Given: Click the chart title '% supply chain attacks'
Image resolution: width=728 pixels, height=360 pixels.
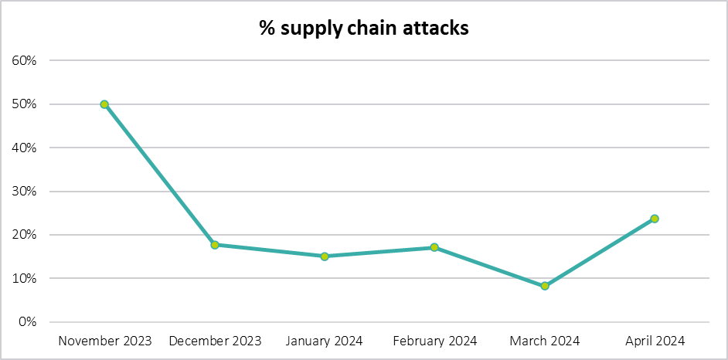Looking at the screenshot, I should pyautogui.click(x=364, y=29).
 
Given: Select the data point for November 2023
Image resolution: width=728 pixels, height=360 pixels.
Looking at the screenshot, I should pyautogui.click(x=104, y=104).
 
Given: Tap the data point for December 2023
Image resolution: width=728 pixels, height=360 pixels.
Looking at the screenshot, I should pyautogui.click(x=215, y=245).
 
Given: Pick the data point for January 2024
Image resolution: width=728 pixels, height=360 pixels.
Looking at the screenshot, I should pyautogui.click(x=325, y=256).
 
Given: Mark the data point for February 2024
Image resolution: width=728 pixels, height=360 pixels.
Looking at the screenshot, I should pyautogui.click(x=434, y=247).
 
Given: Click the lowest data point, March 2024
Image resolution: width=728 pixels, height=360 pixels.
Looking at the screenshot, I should pyautogui.click(x=545, y=286).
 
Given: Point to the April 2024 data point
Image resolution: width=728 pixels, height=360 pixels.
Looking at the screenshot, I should pyautogui.click(x=655, y=219).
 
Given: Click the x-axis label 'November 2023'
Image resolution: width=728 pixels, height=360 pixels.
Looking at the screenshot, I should pyautogui.click(x=105, y=341).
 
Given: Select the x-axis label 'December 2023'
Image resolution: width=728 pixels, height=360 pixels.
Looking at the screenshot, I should pyautogui.click(x=215, y=341).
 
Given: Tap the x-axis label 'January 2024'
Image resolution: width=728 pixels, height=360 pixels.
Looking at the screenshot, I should pyautogui.click(x=325, y=341).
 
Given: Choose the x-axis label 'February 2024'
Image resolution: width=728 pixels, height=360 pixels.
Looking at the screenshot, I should pyautogui.click(x=434, y=341).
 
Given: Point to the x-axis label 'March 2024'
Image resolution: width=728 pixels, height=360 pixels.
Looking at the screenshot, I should pyautogui.click(x=545, y=341).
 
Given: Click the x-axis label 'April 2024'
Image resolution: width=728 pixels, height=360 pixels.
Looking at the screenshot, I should pyautogui.click(x=655, y=341).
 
